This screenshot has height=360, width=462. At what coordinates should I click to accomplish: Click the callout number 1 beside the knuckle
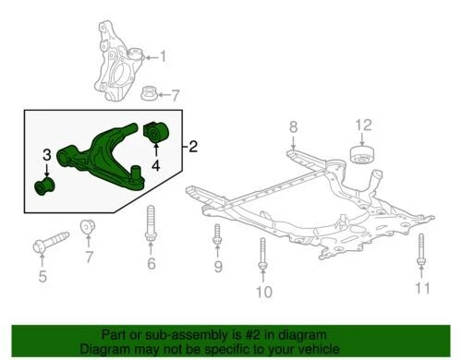point(164,57)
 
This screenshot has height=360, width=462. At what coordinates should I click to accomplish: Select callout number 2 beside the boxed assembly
point(192,146)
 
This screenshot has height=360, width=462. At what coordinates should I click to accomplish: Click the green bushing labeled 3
point(43,188)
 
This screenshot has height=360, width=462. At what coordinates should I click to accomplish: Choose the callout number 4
point(156,166)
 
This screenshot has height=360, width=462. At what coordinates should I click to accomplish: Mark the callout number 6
point(152,264)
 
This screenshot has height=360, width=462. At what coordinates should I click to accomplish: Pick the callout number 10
point(263,293)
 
